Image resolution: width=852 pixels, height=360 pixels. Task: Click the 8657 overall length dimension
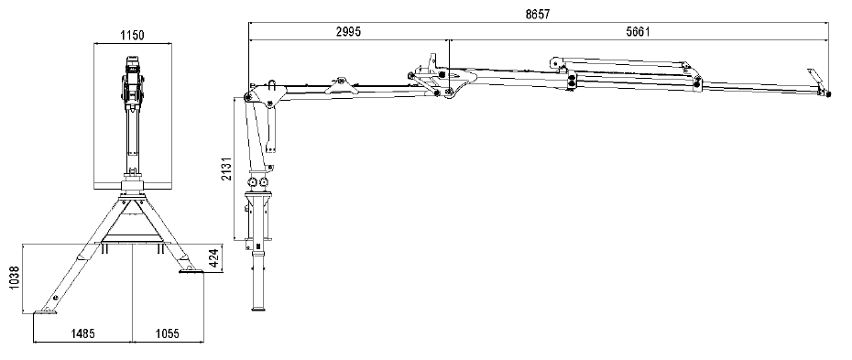pyautogui.click(x=537, y=15)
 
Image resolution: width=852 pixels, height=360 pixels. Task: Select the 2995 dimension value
pyautogui.click(x=348, y=31)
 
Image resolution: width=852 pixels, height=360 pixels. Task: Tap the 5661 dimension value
pyautogui.click(x=638, y=31)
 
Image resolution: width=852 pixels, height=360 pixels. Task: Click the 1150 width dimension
pyautogui.click(x=132, y=36)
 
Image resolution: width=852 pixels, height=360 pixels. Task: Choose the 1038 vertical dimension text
pyautogui.click(x=15, y=278)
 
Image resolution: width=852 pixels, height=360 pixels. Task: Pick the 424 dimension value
pyautogui.click(x=213, y=258)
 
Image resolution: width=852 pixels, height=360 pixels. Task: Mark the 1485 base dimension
pyautogui.click(x=82, y=333)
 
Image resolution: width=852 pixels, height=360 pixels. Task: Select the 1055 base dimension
pyautogui.click(x=167, y=333)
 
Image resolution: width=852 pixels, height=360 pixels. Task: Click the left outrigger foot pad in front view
pyautogui.click(x=45, y=311)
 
